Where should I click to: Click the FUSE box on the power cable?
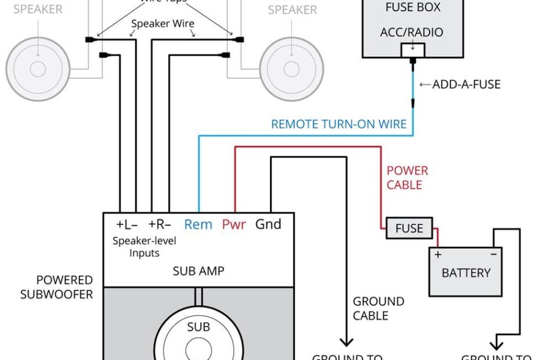pos(409,228)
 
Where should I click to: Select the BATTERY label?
pos(466,272)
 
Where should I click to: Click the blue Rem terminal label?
pos(198,224)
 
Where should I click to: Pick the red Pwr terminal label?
pos(234,224)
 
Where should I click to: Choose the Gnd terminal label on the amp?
pos(268,224)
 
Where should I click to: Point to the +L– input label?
pos(128,224)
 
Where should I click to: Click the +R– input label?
pos(160,224)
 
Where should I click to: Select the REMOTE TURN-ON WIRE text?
pos(339,124)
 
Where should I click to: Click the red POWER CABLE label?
pos(407,178)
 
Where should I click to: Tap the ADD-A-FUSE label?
pos(466,85)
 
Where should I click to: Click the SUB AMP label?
pos(199,271)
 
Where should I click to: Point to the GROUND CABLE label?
pos(378,308)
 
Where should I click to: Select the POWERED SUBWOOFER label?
pos(56,287)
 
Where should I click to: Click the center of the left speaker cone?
pos(38,69)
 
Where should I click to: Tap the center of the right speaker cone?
pos(291,69)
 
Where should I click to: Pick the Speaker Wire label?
pos(163,24)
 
